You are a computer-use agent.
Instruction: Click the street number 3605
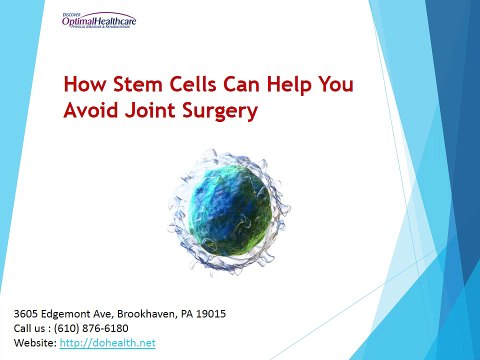(21, 313)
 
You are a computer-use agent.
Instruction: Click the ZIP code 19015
(211, 313)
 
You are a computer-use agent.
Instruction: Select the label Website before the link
(29, 343)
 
